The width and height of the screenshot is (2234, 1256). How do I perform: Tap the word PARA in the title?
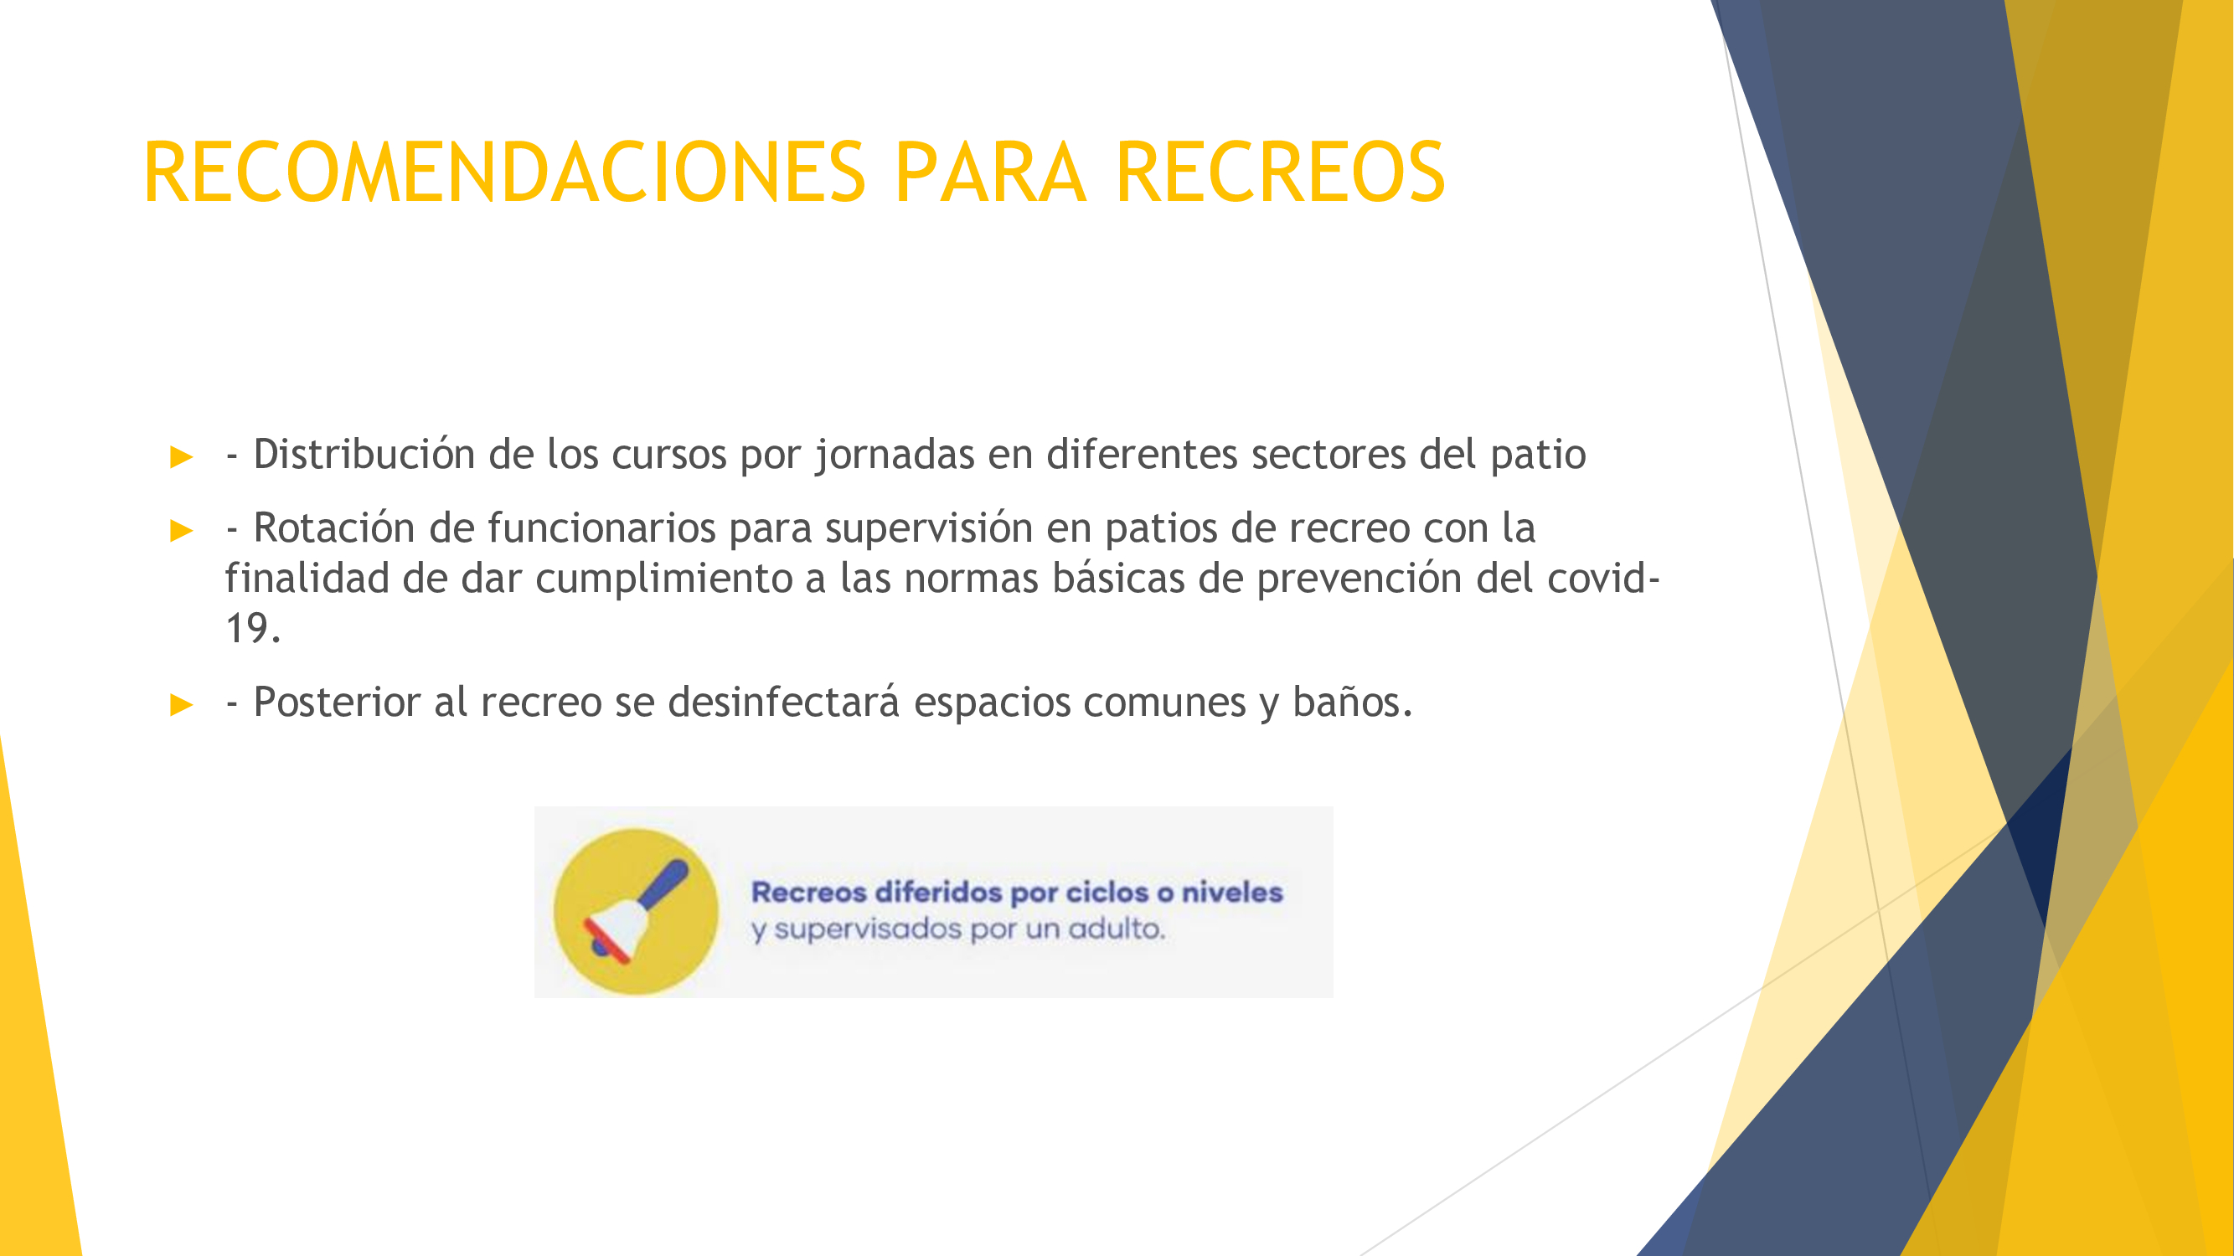coord(990,172)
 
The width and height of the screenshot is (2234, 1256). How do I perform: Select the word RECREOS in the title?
coord(1281,172)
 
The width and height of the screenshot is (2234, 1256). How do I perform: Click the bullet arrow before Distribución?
coord(182,456)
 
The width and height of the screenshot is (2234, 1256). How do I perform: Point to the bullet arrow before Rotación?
coord(182,530)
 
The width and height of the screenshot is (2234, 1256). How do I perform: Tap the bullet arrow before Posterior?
coord(182,704)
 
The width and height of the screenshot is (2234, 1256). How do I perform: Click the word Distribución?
coord(364,454)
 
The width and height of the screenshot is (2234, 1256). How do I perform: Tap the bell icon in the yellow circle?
coord(636,911)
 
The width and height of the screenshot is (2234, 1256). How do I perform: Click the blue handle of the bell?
coord(665,884)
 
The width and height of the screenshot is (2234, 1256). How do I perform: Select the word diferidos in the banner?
coord(938,892)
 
